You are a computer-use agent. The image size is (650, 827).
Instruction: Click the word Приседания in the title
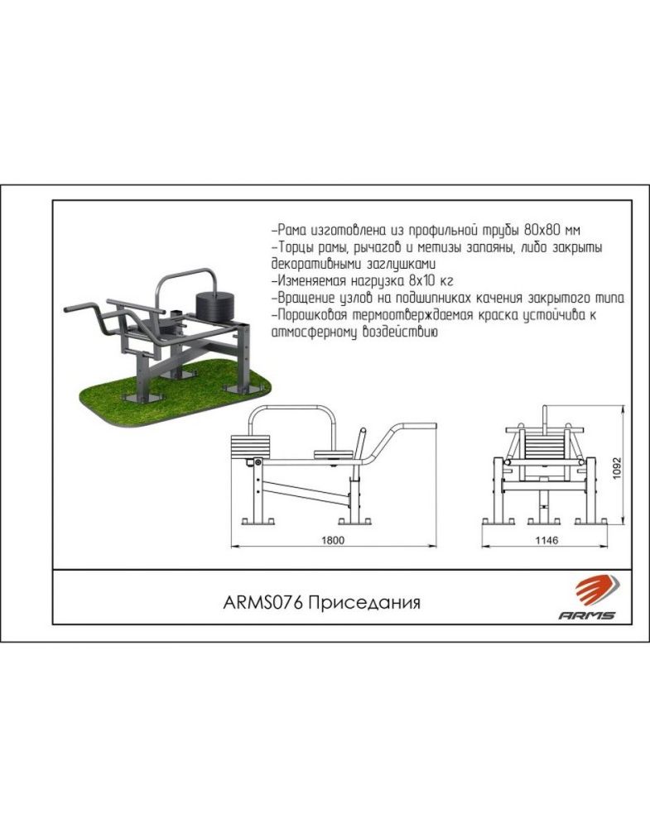tap(364, 601)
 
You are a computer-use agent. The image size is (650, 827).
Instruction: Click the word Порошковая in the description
tap(311, 315)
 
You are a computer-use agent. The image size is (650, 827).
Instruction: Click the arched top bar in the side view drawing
tap(298, 410)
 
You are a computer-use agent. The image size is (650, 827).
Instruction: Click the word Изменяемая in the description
tap(311, 280)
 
